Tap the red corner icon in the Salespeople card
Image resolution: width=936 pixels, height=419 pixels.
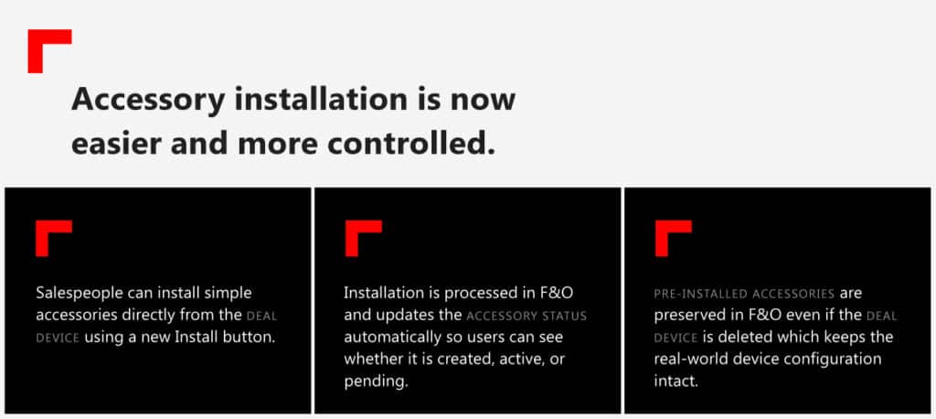pyautogui.click(x=53, y=238)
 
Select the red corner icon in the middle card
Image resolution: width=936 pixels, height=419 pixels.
pyautogui.click(x=363, y=238)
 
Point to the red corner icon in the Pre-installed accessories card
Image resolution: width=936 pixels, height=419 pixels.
pyautogui.click(x=673, y=238)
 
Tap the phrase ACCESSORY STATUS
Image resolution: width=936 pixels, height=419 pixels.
pyautogui.click(x=526, y=316)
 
